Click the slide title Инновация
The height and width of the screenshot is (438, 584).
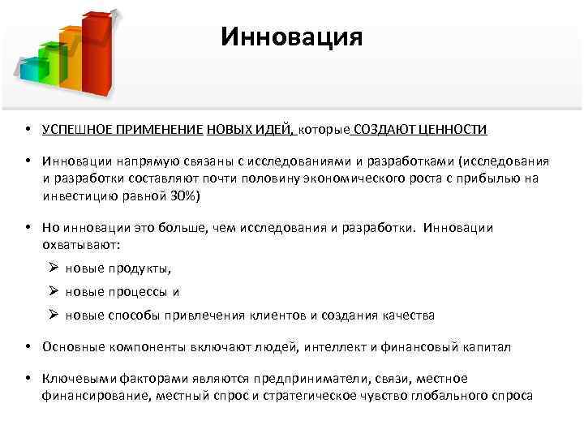[x=292, y=38]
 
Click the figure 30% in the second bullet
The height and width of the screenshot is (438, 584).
[x=183, y=197]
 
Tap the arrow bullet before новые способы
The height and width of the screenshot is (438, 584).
[x=52, y=315]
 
